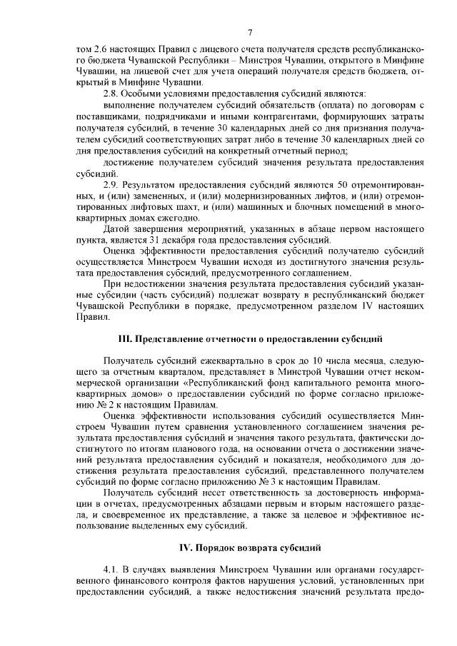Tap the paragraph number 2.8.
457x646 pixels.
pyautogui.click(x=111, y=94)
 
